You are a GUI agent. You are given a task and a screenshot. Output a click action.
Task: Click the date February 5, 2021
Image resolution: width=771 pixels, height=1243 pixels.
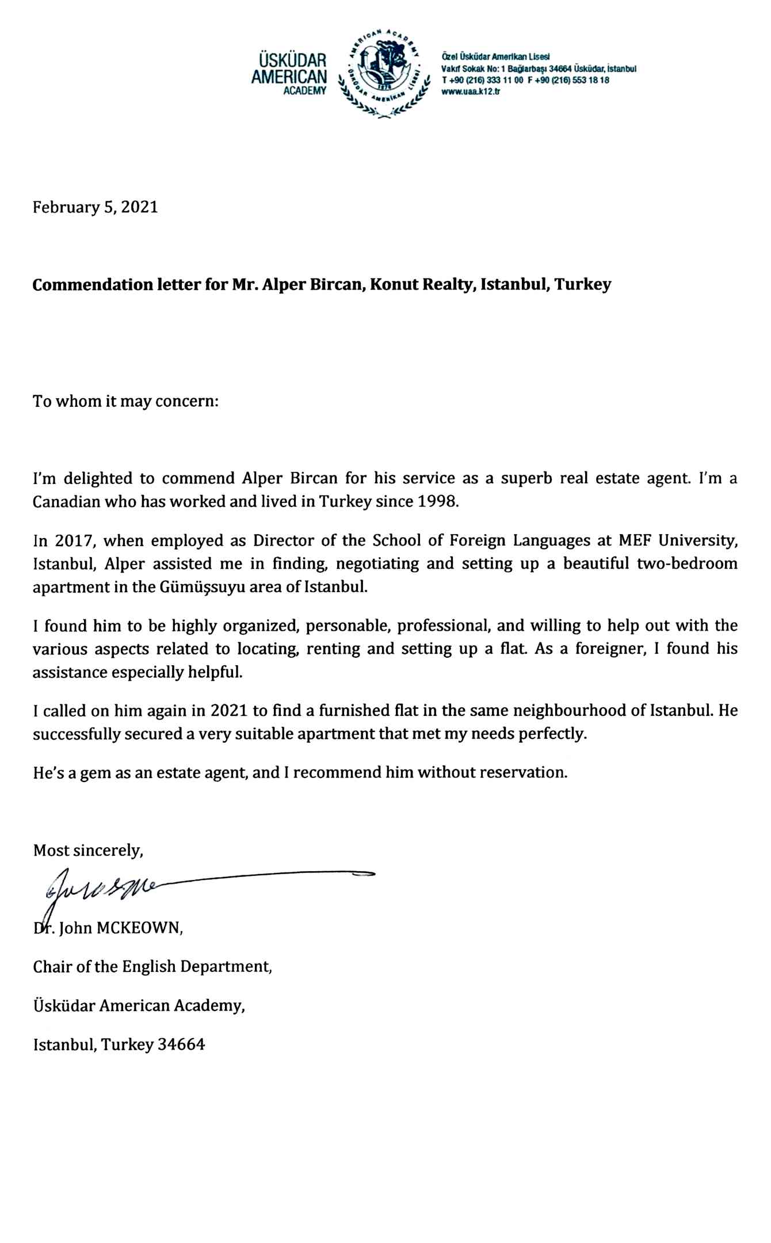[96, 207]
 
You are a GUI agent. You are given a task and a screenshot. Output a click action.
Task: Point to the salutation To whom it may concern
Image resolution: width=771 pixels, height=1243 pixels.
[125, 401]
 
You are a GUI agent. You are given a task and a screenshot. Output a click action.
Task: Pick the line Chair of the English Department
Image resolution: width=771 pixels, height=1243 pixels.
[152, 966]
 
